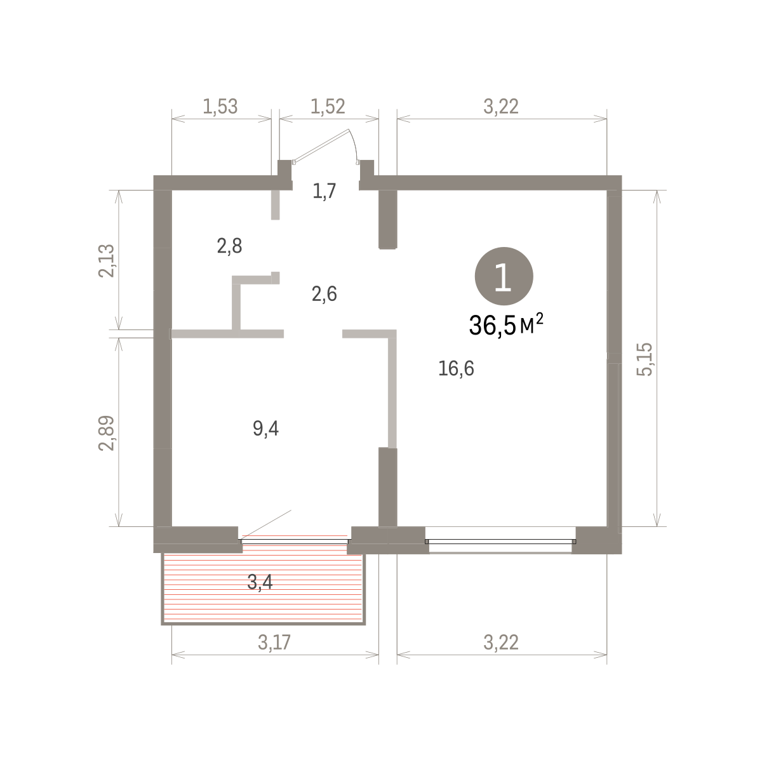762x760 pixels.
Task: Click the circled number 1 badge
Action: pyautogui.click(x=504, y=276)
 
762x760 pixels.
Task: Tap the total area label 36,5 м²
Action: pyautogui.click(x=506, y=325)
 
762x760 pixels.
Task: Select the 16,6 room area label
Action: pyautogui.click(x=456, y=368)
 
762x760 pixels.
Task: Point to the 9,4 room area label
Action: pyautogui.click(x=265, y=429)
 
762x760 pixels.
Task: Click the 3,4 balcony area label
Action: pyautogui.click(x=260, y=582)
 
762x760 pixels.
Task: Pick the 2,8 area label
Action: pyautogui.click(x=229, y=246)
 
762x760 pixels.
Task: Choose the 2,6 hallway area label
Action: pyautogui.click(x=324, y=294)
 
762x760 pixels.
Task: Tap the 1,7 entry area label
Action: pyautogui.click(x=324, y=191)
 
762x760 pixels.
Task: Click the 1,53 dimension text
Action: pyautogui.click(x=220, y=107)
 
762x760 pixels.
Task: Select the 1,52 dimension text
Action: pyautogui.click(x=328, y=107)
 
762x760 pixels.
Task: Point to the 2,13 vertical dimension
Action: pyautogui.click(x=106, y=260)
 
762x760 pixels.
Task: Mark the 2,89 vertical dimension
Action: pyautogui.click(x=106, y=433)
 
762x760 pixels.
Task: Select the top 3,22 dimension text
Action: pyautogui.click(x=501, y=107)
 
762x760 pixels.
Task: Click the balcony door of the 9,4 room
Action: pyautogui.click(x=295, y=540)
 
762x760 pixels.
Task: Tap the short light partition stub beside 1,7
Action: pyautogui.click(x=275, y=205)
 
